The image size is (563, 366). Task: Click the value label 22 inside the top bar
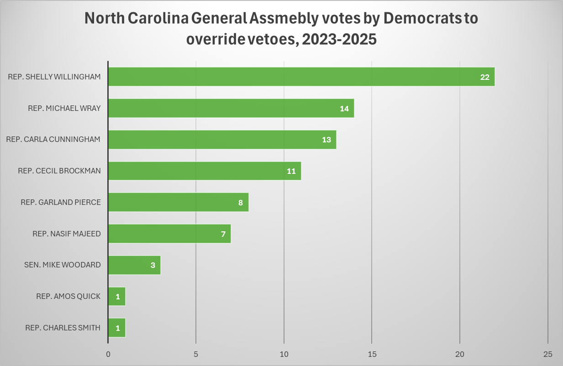484,77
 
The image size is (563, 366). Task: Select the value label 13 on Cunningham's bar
326,140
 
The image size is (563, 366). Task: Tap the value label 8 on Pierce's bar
241,203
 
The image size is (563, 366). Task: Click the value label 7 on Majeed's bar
223,234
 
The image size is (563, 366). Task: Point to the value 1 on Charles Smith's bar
117,328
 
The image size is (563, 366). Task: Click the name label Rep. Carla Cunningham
53,139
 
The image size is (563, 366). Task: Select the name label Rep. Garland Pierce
61,202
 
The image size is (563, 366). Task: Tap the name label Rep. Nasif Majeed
67,234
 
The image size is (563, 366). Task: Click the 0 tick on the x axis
108,354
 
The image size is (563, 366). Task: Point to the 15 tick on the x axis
372,354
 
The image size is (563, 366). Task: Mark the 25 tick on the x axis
548,354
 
